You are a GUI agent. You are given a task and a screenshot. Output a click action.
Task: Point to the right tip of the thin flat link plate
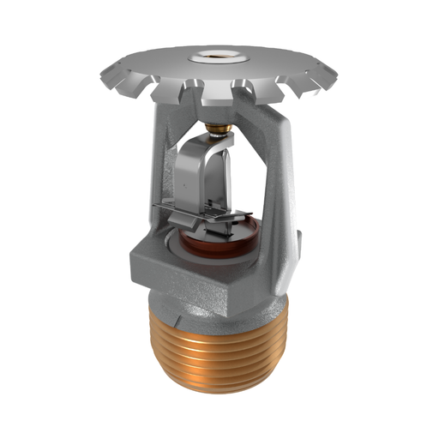[257, 216]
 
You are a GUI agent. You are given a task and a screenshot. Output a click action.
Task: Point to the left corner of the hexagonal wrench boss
[128, 257]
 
